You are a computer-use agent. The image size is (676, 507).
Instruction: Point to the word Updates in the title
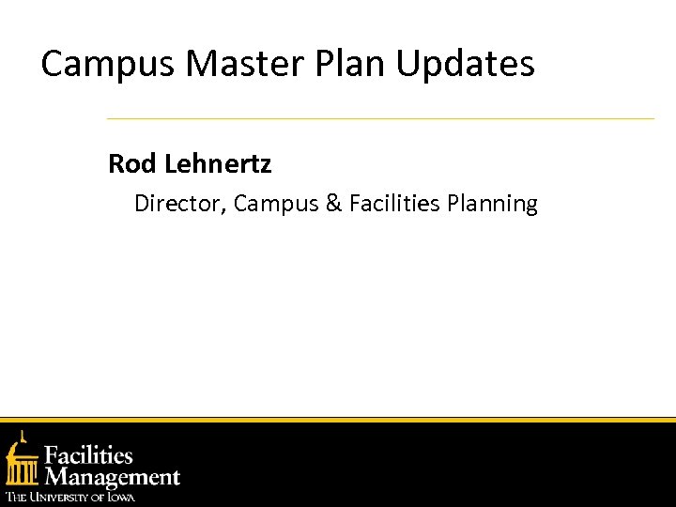pyautogui.click(x=466, y=65)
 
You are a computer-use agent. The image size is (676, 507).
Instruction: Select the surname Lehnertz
pyautogui.click(x=218, y=164)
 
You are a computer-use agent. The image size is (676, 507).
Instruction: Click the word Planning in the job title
pyautogui.click(x=493, y=205)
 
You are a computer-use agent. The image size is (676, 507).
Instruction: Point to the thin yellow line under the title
pyautogui.click(x=380, y=119)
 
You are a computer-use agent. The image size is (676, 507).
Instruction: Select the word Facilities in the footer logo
pyautogui.click(x=89, y=456)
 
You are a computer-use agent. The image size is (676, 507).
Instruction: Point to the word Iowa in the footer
pyautogui.click(x=120, y=497)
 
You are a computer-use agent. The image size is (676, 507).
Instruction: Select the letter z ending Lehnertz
pyautogui.click(x=266, y=166)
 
